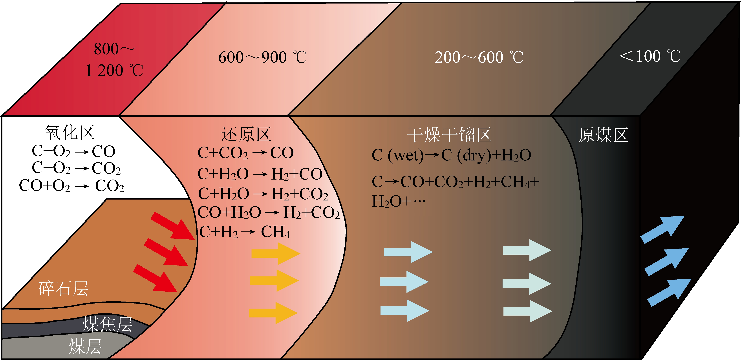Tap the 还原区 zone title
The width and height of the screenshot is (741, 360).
(x=246, y=134)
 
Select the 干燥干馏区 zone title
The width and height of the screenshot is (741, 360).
(x=449, y=135)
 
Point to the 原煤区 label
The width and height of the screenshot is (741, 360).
(x=603, y=135)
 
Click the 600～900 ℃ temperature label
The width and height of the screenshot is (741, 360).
(x=262, y=57)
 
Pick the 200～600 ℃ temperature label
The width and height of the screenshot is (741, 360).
(x=479, y=57)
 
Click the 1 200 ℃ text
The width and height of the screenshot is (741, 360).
(x=114, y=70)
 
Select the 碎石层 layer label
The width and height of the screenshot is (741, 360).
(x=63, y=288)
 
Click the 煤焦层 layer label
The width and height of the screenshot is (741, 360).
(x=107, y=324)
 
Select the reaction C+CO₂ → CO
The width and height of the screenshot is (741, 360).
(x=245, y=153)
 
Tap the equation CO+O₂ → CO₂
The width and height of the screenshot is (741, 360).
(x=71, y=186)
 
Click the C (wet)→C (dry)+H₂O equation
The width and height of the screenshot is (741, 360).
(x=451, y=155)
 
